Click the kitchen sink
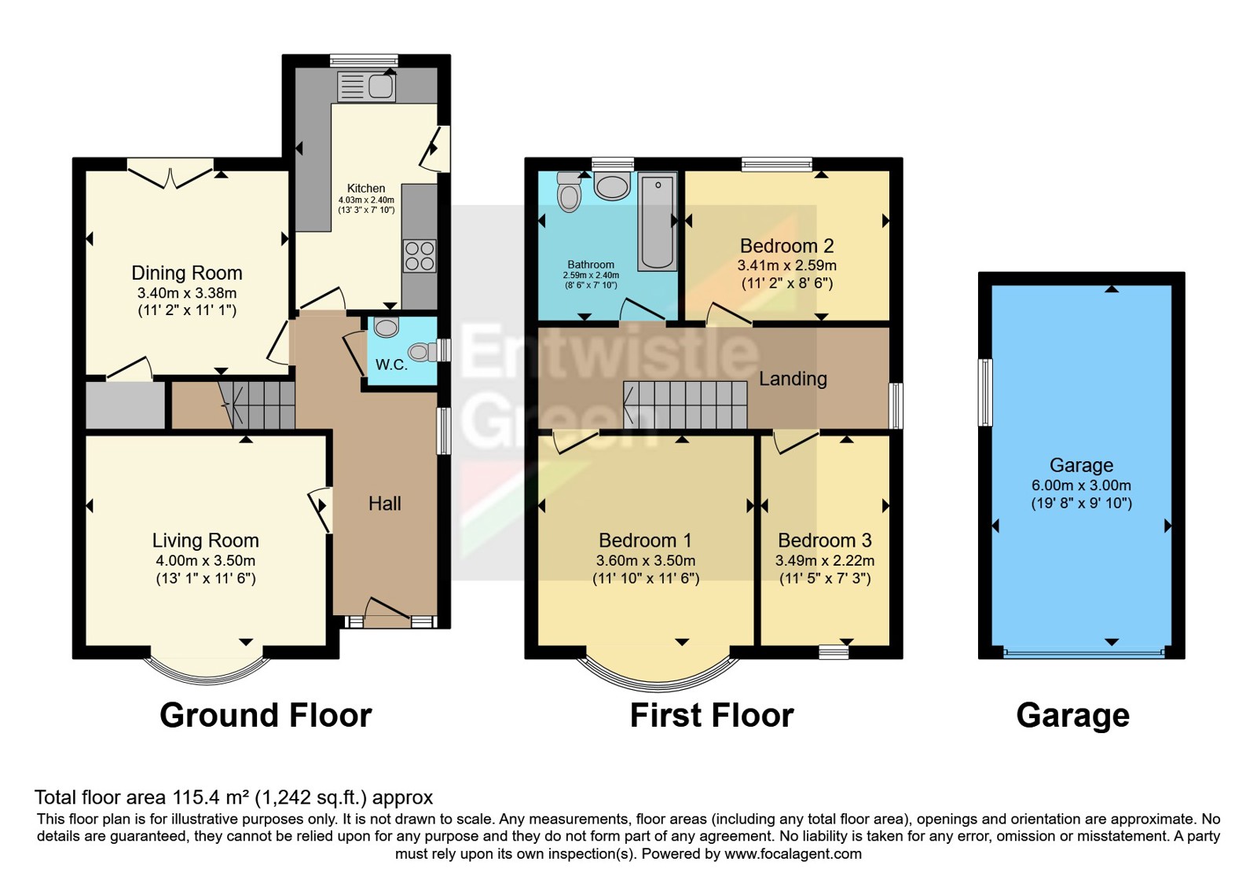click(366, 86)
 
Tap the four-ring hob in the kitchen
click(420, 256)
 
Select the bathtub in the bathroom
click(657, 222)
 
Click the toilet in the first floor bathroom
click(569, 192)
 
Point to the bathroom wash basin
click(612, 185)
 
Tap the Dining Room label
click(187, 273)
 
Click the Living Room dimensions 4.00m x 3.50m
click(205, 560)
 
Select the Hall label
click(385, 504)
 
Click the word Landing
click(793, 379)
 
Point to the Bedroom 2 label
click(786, 246)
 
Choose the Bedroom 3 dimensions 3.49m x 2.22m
click(825, 560)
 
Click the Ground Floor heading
click(266, 715)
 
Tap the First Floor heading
click(712, 715)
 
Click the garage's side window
click(985, 392)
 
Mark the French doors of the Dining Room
click(170, 174)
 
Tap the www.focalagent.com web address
click(793, 853)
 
